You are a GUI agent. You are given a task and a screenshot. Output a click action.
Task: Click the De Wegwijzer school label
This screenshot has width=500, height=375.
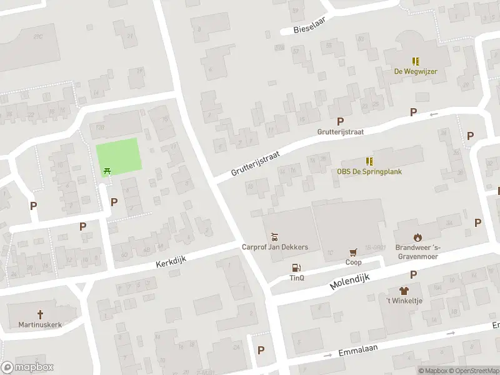click(415, 71)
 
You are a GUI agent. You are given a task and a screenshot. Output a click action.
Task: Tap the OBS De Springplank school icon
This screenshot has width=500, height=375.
click(369, 161)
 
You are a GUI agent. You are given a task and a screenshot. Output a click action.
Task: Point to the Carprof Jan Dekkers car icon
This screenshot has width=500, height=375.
click(274, 237)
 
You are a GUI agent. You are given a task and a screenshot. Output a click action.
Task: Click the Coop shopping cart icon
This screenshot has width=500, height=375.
click(354, 252)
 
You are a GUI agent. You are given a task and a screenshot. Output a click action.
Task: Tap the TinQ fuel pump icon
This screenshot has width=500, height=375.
click(296, 267)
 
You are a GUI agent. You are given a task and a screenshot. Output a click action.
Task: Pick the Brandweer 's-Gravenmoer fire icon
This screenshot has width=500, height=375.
click(417, 237)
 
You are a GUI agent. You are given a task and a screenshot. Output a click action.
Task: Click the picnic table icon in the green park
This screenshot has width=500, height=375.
click(107, 169)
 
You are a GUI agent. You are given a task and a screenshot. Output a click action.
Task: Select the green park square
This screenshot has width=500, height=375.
click(119, 156)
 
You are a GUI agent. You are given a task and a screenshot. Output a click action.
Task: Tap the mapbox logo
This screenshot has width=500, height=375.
click(27, 367)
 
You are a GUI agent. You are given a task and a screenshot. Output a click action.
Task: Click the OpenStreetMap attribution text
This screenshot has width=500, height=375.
click(474, 371)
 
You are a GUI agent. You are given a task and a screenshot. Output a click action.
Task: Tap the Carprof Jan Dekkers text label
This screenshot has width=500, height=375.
click(275, 247)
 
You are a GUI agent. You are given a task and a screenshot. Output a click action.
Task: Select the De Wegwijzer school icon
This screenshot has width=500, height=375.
click(416, 61)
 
